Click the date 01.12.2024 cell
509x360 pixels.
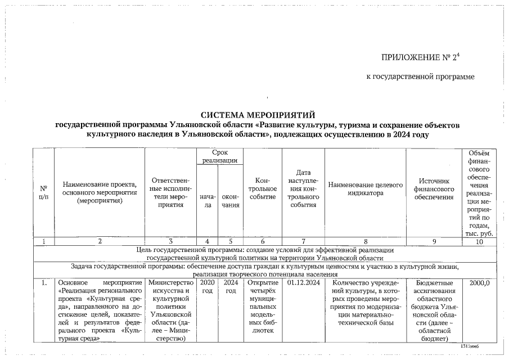point(304,282)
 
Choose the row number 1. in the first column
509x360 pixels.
point(43,282)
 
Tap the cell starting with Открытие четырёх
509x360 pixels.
point(262,307)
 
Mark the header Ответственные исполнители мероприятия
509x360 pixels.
point(172,192)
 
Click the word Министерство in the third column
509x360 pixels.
point(172,282)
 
